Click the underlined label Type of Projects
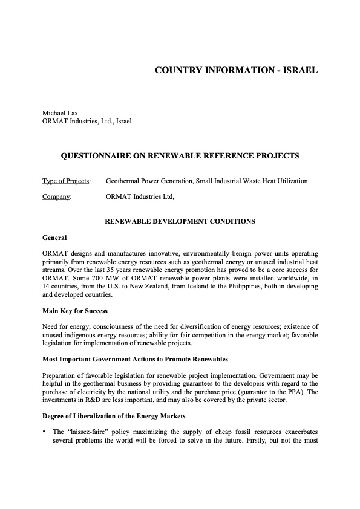66,181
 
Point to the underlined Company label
57,196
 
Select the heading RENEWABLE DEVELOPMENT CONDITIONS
180,222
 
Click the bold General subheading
54,238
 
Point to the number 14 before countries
47,286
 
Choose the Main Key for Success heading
75,311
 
